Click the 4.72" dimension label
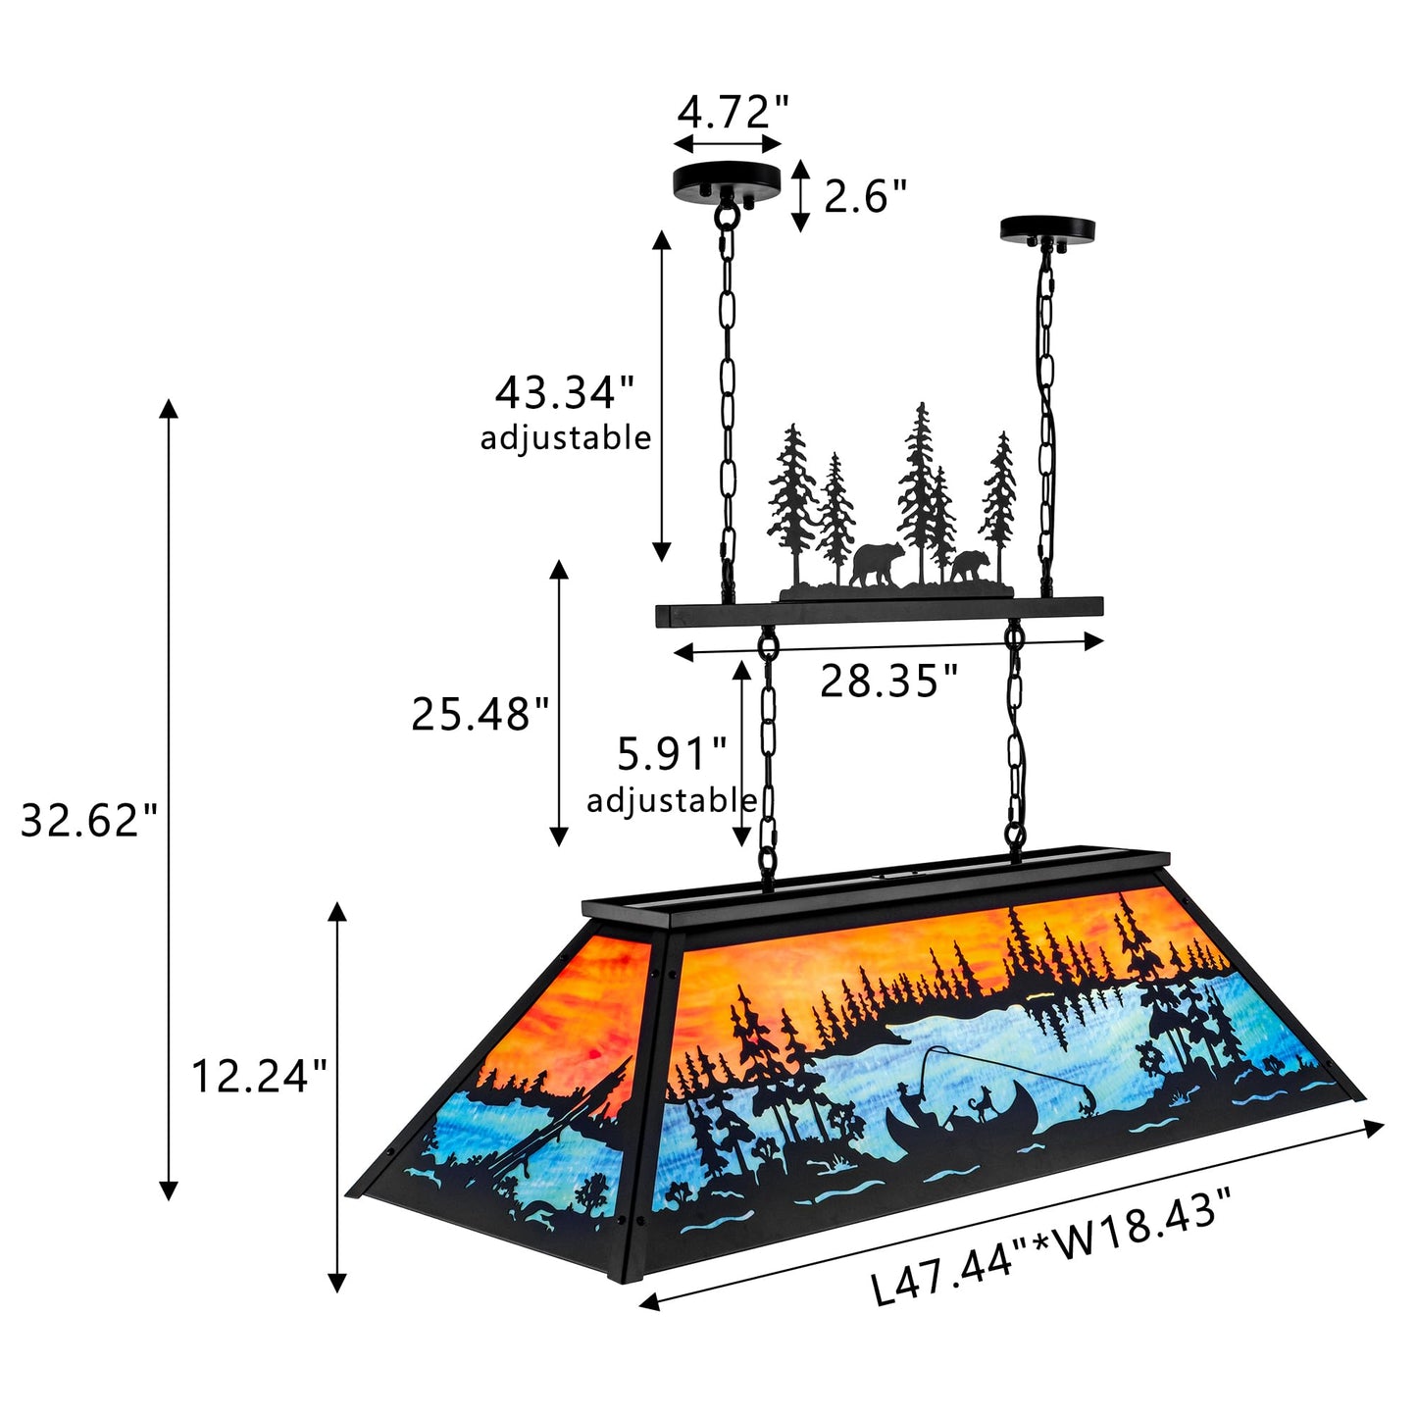point(734,112)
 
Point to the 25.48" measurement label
point(481,713)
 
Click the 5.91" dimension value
point(672,754)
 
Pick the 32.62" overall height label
point(89,820)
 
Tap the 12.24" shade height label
point(260,1077)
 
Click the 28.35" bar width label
point(889,681)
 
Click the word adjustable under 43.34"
point(566,438)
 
